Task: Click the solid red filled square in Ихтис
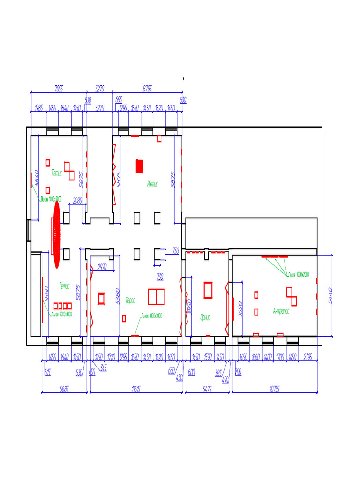(x=139, y=166)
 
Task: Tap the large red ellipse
(x=57, y=234)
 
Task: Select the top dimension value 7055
(x=59, y=88)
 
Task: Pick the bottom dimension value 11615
(x=136, y=389)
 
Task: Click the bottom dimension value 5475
(x=207, y=389)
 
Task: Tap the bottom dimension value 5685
(x=65, y=389)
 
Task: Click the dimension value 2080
(x=77, y=201)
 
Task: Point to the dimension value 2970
(x=102, y=267)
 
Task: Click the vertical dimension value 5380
(x=118, y=296)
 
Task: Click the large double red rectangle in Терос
(x=156, y=297)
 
